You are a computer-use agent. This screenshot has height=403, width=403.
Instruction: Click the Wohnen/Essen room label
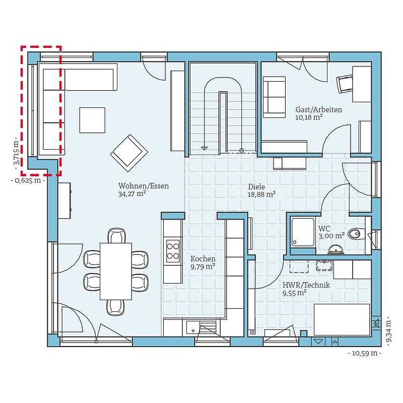pyautogui.click(x=144, y=186)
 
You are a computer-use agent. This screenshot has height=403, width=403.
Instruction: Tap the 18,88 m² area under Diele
pyautogui.click(x=261, y=194)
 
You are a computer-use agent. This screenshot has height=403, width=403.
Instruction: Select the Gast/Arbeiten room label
pyautogui.click(x=319, y=109)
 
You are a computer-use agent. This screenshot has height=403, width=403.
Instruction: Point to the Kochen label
pyautogui.click(x=203, y=258)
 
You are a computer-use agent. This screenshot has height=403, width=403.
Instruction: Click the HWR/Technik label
pyautogui.click(x=306, y=285)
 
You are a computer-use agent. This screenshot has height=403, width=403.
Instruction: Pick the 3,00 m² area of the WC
pyautogui.click(x=331, y=236)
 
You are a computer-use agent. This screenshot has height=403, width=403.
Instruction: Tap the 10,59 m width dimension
pyautogui.click(x=365, y=353)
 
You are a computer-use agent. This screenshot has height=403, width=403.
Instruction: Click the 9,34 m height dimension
pyautogui.click(x=389, y=331)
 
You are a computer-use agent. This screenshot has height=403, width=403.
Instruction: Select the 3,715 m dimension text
pyautogui.click(x=17, y=154)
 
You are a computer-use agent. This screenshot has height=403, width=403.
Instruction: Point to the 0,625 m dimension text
pyautogui.click(x=28, y=180)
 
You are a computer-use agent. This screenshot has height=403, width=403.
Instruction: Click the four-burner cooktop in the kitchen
pyautogui.click(x=173, y=251)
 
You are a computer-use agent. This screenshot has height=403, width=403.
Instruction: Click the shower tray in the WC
pyautogui.click(x=303, y=232)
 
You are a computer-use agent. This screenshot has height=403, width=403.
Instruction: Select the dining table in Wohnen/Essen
pyautogui.click(x=116, y=271)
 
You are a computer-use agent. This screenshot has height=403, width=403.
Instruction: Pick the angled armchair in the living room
pyautogui.click(x=129, y=153)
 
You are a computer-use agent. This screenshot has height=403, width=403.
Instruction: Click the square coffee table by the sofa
pyautogui.click(x=92, y=120)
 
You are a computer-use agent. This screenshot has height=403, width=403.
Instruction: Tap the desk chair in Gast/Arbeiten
pyautogui.click(x=345, y=84)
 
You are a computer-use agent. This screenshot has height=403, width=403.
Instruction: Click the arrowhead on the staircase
pyautogui.click(x=204, y=148)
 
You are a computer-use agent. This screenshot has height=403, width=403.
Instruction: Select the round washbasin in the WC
pyautogui.click(x=335, y=249)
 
